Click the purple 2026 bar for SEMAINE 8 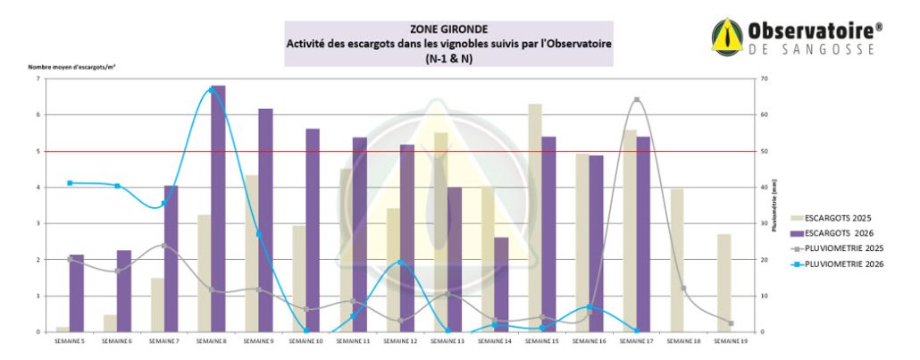coord(218,209)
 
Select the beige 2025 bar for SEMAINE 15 coord(535,218)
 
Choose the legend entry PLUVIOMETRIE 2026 coord(844,264)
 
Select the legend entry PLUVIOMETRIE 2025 coord(844,248)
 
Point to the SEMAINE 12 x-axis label coord(400,341)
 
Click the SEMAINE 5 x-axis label coord(69,341)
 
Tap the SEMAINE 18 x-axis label coord(682,341)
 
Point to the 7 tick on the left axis coord(38,79)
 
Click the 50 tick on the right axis coord(761,151)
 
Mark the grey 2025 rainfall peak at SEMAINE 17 coord(637,100)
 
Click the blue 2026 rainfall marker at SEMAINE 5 coord(70,183)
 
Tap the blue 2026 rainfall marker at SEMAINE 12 coord(400,263)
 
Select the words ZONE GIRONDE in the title coord(448,28)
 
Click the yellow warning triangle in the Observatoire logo coord(728,38)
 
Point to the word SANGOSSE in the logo coord(834,51)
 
